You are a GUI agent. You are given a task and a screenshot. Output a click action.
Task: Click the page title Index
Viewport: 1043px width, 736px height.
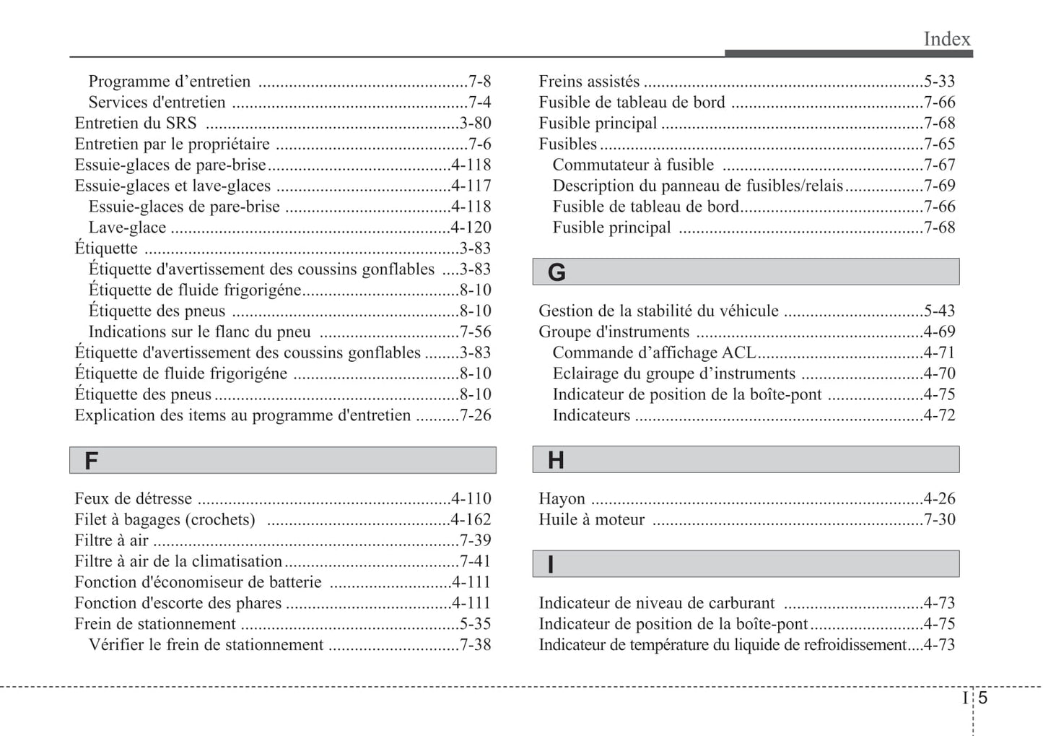[x=946, y=39]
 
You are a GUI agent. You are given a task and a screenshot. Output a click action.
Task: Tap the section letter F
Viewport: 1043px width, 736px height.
[x=91, y=461]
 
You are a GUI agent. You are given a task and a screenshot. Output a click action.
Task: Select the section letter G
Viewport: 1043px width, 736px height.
[x=557, y=272]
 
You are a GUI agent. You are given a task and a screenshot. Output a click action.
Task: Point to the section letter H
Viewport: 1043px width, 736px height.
[x=556, y=460]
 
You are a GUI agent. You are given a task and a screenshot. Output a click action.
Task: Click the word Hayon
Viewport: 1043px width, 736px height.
[x=562, y=499]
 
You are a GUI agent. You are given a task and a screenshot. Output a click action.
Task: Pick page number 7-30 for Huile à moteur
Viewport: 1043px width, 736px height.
[x=939, y=520]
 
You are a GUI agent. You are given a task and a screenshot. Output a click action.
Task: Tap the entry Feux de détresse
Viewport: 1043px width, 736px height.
[x=134, y=499]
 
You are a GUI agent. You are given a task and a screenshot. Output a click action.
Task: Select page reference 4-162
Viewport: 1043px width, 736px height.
[x=471, y=520]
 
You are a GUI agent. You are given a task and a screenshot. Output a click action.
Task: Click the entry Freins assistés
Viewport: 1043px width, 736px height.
[x=589, y=82]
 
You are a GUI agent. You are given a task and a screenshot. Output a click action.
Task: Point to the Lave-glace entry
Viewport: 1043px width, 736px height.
[x=127, y=228]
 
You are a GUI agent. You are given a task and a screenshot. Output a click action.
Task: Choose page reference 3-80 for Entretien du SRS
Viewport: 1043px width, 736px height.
[x=475, y=124]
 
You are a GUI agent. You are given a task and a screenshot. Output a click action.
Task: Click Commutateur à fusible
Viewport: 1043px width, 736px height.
[x=633, y=165]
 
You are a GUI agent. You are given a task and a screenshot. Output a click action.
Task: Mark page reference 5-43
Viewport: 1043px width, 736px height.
[x=939, y=311]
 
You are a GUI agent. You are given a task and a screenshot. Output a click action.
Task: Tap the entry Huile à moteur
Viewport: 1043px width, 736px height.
[x=591, y=520]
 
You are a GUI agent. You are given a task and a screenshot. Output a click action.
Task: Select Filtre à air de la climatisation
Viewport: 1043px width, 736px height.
[x=178, y=561]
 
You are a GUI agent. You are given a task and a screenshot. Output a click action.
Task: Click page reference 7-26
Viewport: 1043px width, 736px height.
[x=475, y=415]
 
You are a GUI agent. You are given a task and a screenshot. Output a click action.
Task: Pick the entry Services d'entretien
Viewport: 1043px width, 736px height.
[x=157, y=103]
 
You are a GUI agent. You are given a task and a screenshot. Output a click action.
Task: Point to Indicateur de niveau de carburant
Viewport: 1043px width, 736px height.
[x=656, y=603]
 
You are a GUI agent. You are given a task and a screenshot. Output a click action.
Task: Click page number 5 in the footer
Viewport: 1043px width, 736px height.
[x=983, y=698]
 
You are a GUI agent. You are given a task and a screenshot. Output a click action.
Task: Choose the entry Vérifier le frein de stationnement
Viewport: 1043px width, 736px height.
[x=206, y=645]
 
